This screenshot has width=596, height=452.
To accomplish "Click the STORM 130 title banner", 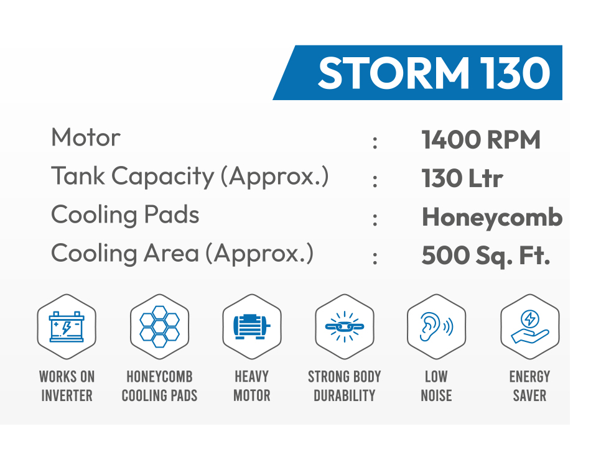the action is [417, 73].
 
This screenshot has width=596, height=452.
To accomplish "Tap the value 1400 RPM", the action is [481, 140].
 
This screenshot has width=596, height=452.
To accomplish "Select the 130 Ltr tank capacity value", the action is [462, 178].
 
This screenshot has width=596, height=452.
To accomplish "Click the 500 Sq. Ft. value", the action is [486, 256].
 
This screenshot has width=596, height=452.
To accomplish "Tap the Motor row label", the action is [85, 137].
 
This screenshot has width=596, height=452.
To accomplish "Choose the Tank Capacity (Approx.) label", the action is [190, 177].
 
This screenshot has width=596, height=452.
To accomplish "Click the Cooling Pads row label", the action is [125, 215].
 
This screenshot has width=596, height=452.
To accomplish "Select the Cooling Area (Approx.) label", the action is [182, 254].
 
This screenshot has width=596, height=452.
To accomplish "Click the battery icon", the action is [67, 326].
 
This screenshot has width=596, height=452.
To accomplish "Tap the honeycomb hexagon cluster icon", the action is [160, 326].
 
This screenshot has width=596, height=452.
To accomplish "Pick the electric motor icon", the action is [252, 326].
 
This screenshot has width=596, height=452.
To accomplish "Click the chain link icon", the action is [345, 326].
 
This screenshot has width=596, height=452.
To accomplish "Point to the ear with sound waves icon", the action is [436, 326].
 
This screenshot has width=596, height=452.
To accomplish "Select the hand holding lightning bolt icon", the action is [529, 327].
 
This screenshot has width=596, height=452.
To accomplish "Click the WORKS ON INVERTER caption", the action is [67, 386].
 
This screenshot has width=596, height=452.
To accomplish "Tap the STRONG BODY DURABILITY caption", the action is [345, 386].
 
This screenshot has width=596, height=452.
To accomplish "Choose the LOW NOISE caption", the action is [436, 386].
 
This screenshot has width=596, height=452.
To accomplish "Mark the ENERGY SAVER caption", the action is [529, 386].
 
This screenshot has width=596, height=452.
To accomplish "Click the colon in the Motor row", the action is [375, 142].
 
